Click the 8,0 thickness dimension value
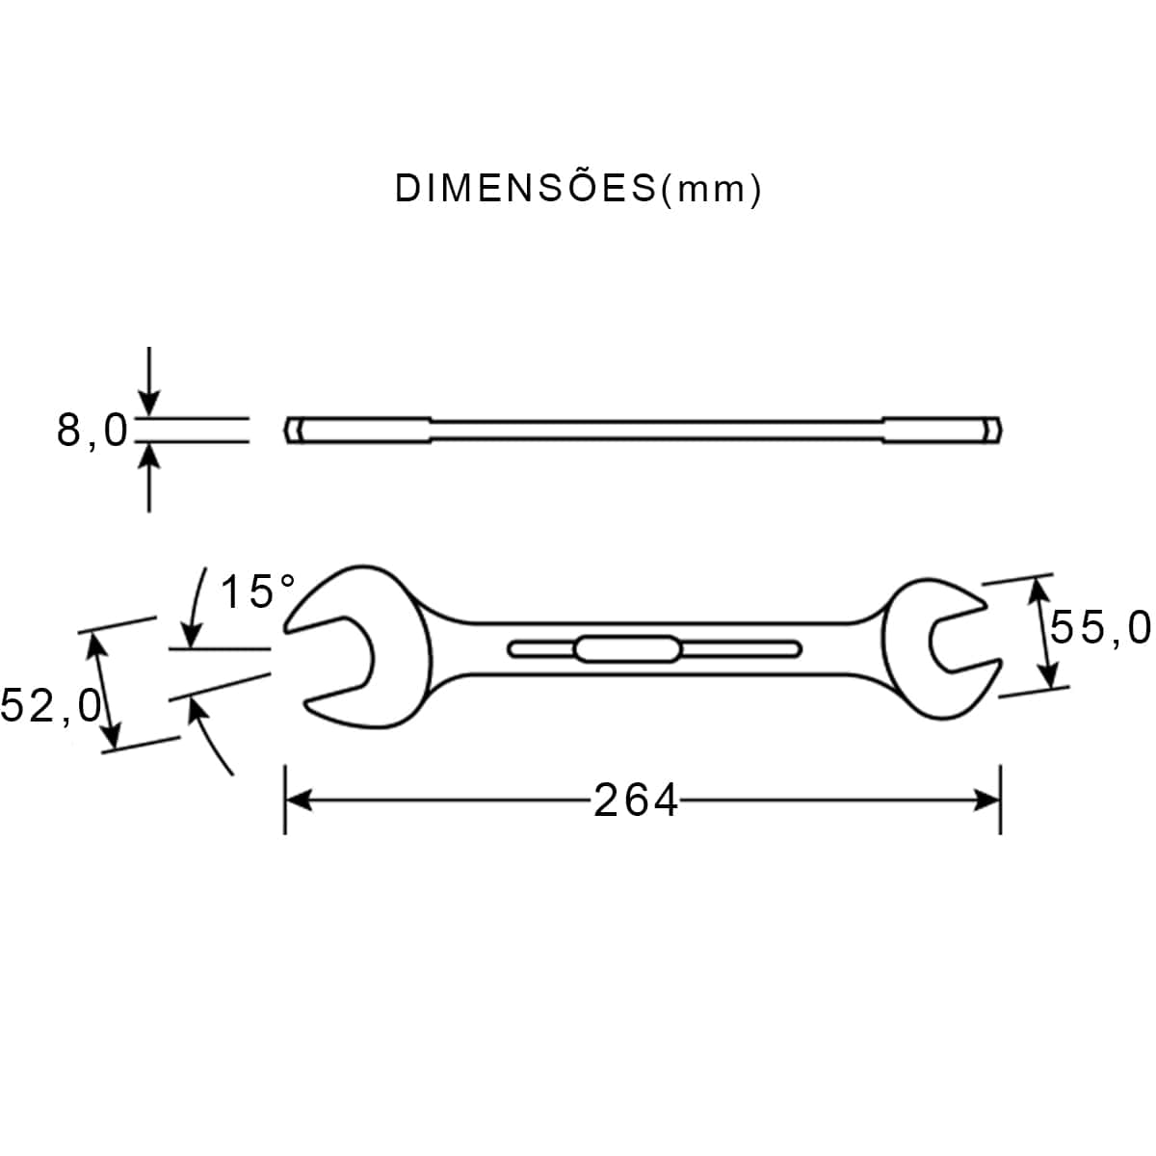92,430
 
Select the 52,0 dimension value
50,705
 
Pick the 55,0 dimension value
1100,627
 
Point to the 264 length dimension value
635,801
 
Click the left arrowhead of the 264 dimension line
298,801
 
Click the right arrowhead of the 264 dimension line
986,801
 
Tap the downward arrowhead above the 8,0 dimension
148,402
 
